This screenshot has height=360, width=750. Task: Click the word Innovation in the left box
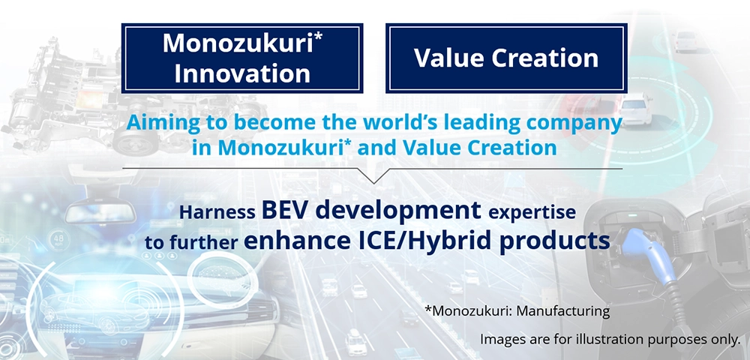coord(242,74)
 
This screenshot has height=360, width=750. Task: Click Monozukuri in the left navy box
coord(239,43)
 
